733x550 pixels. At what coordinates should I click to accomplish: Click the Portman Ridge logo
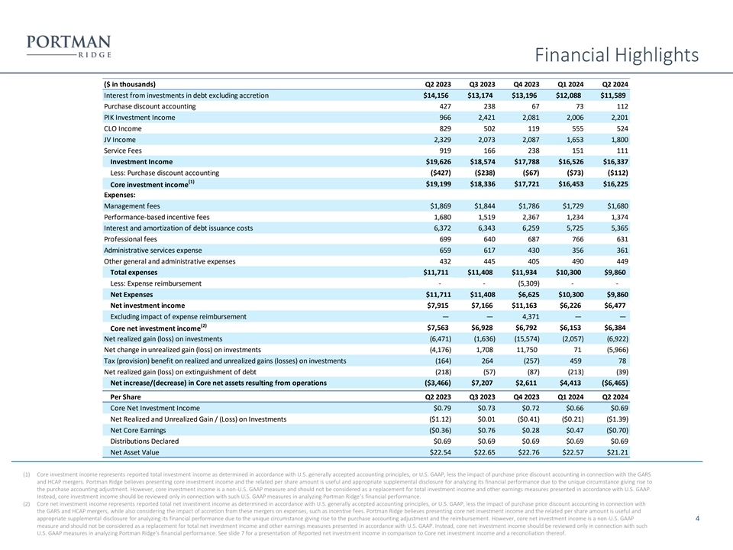[68, 45]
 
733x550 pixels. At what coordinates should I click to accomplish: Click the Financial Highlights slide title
[617, 55]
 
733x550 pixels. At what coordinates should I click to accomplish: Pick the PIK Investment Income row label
[139, 118]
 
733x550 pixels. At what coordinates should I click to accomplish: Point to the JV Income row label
[119, 140]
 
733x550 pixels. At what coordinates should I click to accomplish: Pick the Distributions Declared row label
[145, 441]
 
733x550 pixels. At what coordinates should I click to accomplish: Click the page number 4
[699, 519]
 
